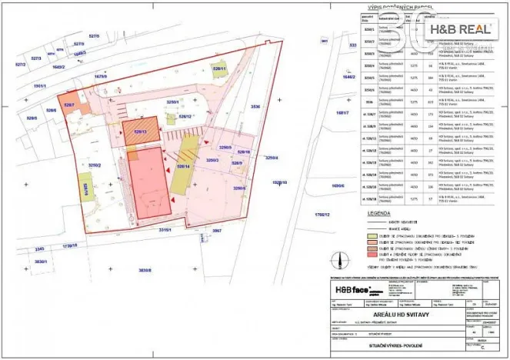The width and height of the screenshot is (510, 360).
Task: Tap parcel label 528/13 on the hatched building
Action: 139,132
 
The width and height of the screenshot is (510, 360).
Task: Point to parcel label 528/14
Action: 183,165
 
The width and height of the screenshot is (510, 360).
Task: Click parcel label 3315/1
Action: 166,230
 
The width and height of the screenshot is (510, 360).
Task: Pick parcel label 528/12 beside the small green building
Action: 185,116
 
